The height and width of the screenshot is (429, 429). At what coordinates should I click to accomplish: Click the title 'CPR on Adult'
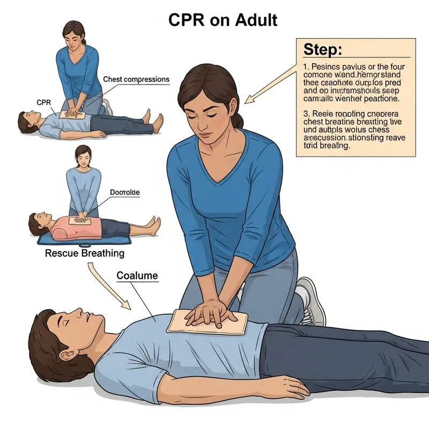223,20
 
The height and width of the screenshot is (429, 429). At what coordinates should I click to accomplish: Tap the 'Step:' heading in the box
322,50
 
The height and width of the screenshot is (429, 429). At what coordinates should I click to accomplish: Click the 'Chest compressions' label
136,79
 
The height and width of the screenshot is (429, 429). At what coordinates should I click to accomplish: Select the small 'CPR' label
43,102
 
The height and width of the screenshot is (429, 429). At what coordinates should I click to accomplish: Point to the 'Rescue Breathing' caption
84,253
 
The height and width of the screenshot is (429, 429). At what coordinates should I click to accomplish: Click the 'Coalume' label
137,276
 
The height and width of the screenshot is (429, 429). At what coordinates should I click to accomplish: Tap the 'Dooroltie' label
124,191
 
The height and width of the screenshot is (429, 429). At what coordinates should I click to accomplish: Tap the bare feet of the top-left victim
158,123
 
